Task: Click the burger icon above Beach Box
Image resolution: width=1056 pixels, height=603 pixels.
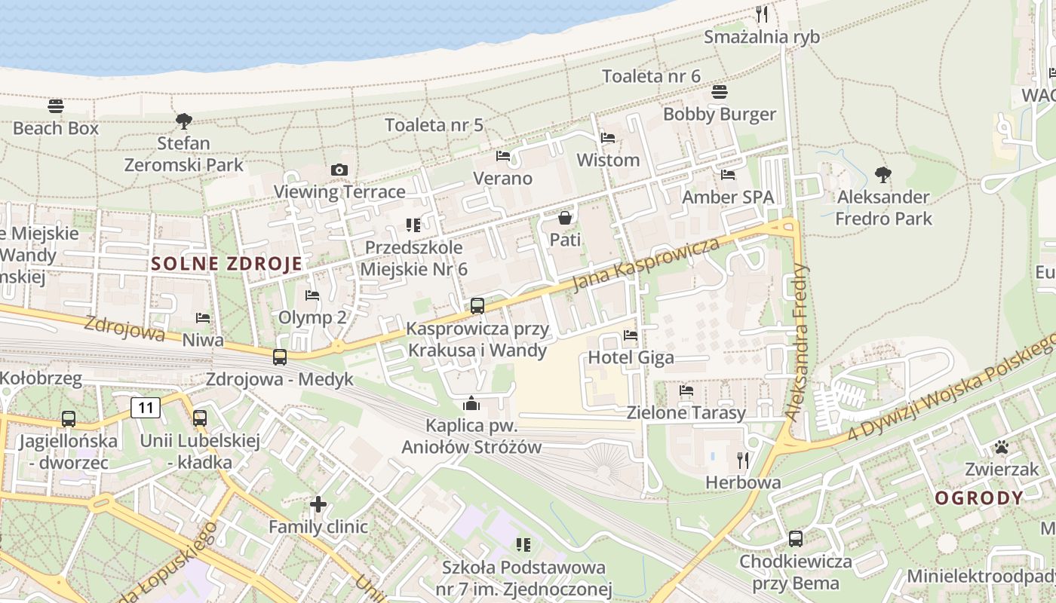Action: tap(56, 106)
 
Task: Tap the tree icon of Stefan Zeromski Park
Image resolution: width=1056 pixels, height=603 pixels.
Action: tap(183, 121)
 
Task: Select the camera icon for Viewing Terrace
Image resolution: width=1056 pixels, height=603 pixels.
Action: tap(339, 170)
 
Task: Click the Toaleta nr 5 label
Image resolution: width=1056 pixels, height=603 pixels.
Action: tap(434, 125)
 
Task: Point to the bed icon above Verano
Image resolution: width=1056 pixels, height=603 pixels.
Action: tap(503, 156)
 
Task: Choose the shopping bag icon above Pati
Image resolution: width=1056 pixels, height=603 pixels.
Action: tap(564, 219)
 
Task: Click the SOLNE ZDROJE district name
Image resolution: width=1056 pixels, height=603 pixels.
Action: tap(226, 264)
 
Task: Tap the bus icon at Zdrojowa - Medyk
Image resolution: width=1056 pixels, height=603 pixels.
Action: tap(279, 357)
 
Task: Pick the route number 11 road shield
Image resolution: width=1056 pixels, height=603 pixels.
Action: tap(146, 408)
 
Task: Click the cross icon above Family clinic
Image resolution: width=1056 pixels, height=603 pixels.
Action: tap(318, 504)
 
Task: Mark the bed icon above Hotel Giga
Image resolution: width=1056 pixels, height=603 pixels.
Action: tap(631, 335)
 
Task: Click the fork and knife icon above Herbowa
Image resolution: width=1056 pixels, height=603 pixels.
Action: tap(743, 459)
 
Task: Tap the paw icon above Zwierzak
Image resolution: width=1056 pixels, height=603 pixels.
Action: tap(1002, 448)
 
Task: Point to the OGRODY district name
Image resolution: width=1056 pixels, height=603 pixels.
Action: tap(979, 498)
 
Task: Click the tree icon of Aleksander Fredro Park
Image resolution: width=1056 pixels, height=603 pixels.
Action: tap(883, 175)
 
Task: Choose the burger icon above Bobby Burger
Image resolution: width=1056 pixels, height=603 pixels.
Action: tap(720, 92)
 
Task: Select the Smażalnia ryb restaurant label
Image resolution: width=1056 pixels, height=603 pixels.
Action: tap(761, 37)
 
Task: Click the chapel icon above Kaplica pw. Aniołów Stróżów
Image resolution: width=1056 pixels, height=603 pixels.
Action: tap(471, 403)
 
